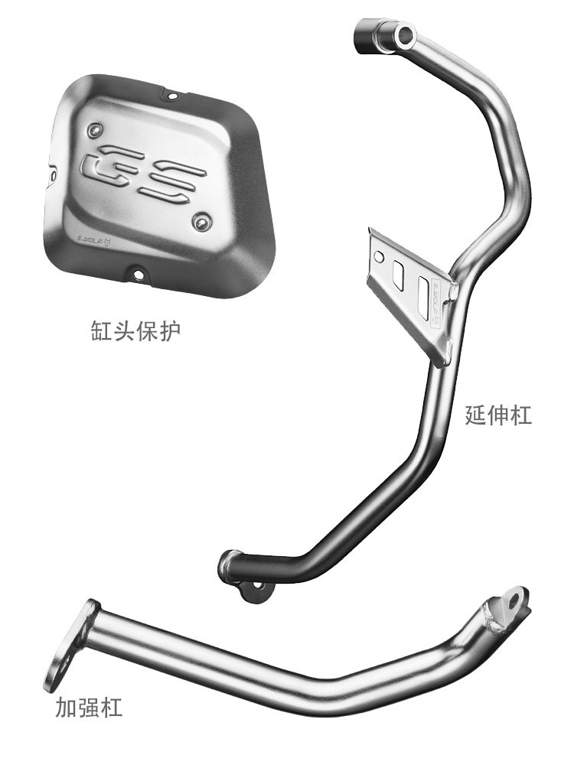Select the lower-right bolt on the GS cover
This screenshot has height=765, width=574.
coord(201,223)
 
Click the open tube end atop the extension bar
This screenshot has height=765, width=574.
coord(401,31)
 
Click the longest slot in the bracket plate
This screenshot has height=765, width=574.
coord(423,295)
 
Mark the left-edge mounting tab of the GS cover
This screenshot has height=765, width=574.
coord(52,173)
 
